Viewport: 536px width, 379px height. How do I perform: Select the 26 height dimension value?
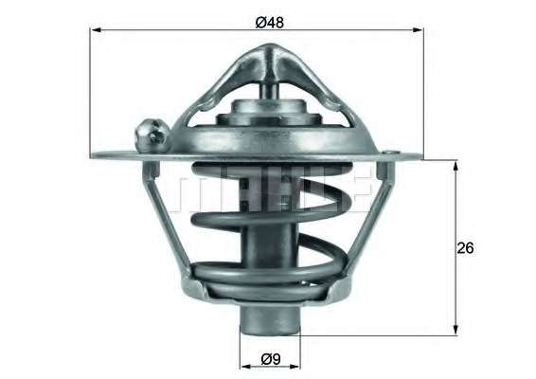464,247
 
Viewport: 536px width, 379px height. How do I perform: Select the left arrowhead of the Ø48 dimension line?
96,30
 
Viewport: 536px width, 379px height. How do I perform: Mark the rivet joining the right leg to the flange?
382,171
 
